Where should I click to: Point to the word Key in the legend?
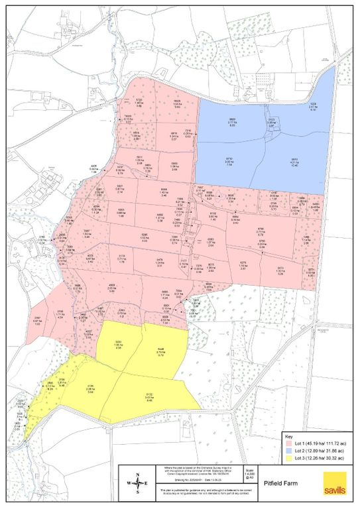click(x=288, y=436)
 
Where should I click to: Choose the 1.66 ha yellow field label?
click(x=119, y=345)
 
